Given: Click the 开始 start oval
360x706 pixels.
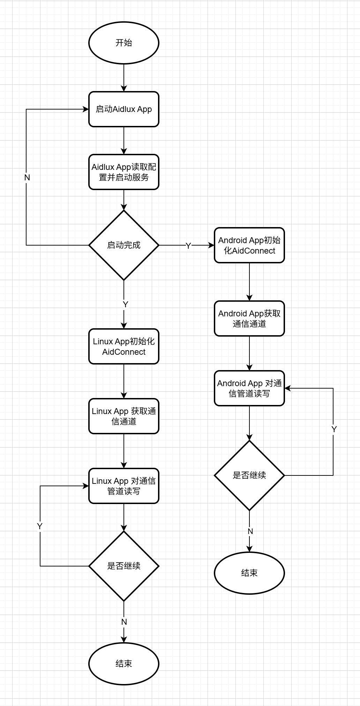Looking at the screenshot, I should pyautogui.click(x=124, y=43).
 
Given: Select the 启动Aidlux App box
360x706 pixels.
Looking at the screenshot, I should pyautogui.click(x=124, y=109).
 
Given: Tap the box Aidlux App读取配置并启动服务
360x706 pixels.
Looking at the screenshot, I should pyautogui.click(x=124, y=172).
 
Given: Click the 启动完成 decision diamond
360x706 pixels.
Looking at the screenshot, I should pyautogui.click(x=124, y=245).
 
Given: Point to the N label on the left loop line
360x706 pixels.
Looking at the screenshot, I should pyautogui.click(x=27, y=178).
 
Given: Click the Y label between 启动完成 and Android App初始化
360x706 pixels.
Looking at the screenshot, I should pyautogui.click(x=188, y=246).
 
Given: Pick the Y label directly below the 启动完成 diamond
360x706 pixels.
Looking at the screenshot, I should pyautogui.click(x=126, y=305).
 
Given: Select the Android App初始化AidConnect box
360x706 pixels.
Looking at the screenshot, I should pyautogui.click(x=249, y=245).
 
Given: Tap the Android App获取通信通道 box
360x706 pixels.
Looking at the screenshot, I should pyautogui.click(x=249, y=318).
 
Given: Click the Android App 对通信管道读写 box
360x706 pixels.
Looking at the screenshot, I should pyautogui.click(x=249, y=388).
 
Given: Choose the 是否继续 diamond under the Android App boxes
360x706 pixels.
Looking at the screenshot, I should pyautogui.click(x=249, y=475).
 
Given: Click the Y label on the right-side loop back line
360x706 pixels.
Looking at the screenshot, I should pyautogui.click(x=334, y=429).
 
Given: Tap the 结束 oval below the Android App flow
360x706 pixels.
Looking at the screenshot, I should pyautogui.click(x=249, y=573).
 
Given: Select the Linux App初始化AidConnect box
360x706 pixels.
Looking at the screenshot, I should pyautogui.click(x=124, y=346).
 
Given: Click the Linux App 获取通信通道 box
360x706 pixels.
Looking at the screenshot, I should pyautogui.click(x=124, y=416).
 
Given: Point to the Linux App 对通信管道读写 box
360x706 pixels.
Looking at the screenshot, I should pyautogui.click(x=124, y=486).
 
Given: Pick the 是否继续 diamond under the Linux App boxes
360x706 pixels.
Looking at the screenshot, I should pyautogui.click(x=124, y=566).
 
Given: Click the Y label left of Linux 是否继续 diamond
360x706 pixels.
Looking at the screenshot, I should pyautogui.click(x=40, y=526).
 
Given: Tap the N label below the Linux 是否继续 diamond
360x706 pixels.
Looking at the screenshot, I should pyautogui.click(x=124, y=622).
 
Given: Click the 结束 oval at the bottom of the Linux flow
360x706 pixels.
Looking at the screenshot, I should pyautogui.click(x=124, y=664).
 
